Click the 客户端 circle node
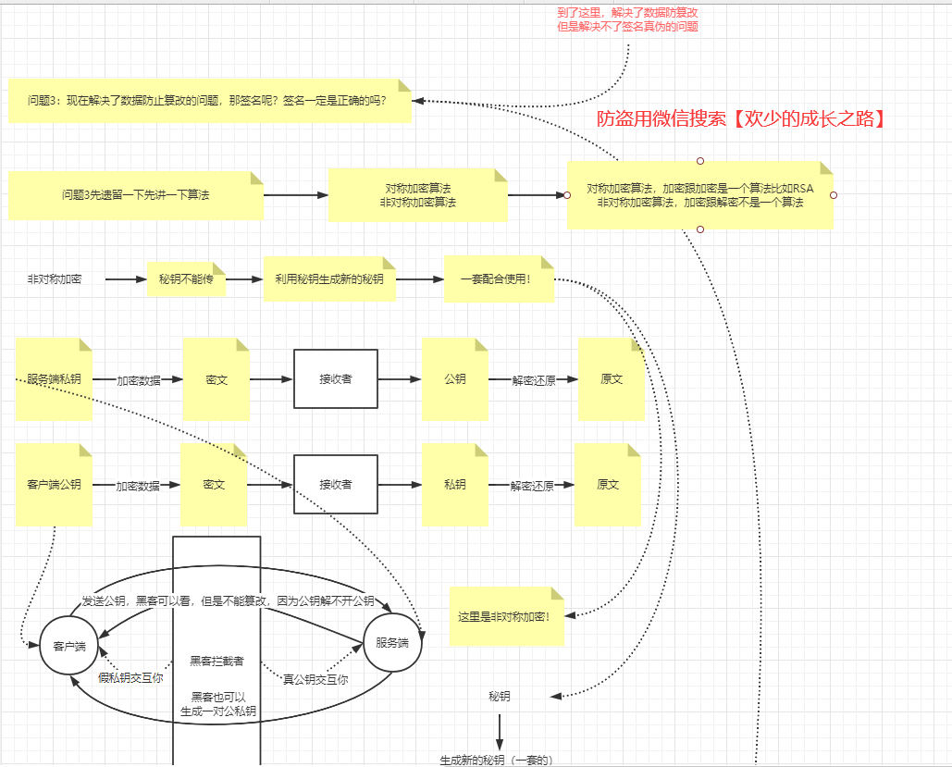(x=68, y=645)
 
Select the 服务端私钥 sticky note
(x=54, y=379)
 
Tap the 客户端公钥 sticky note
(x=54, y=485)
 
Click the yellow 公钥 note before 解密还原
(x=454, y=379)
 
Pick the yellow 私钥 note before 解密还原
(x=454, y=485)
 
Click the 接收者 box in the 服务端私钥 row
(x=336, y=379)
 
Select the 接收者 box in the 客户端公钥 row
(x=336, y=485)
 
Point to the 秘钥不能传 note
(x=186, y=278)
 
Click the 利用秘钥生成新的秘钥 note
(x=329, y=278)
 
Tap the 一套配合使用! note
(x=500, y=278)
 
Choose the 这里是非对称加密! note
(x=505, y=616)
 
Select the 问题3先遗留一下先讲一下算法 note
(x=136, y=194)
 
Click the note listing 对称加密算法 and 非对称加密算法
(x=418, y=194)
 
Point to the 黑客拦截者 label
(x=216, y=660)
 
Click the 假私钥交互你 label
(x=130, y=678)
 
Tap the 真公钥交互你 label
(x=315, y=679)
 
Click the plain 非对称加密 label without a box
(x=54, y=278)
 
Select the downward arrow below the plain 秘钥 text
(x=500, y=731)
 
